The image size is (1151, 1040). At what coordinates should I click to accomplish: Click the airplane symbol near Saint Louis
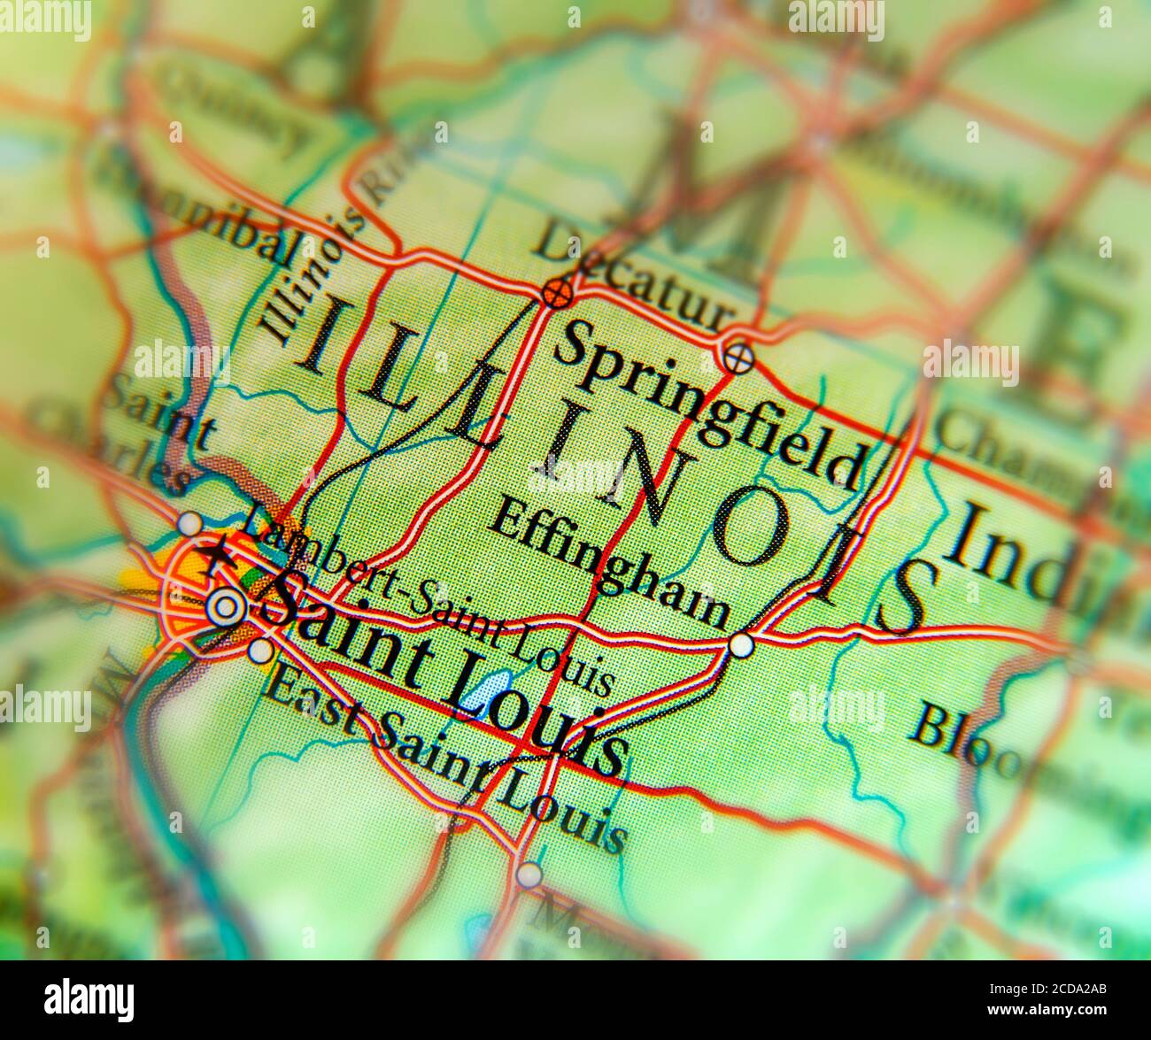coord(215,557)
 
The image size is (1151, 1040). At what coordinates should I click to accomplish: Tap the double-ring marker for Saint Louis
coord(225,607)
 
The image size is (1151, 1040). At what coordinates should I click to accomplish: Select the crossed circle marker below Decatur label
coord(557,293)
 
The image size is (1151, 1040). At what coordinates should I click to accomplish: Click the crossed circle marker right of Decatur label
coord(738,358)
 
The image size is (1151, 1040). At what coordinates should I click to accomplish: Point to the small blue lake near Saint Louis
coord(486,689)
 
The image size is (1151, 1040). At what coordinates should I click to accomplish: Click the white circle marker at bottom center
coord(529,874)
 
